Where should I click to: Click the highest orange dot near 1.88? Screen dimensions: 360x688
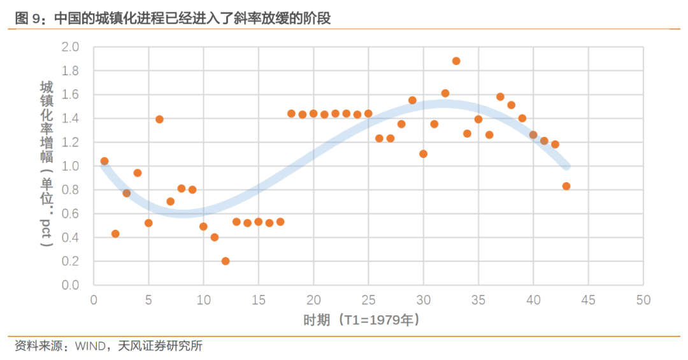(x=456, y=61)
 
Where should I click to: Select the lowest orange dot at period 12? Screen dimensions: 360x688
(x=226, y=261)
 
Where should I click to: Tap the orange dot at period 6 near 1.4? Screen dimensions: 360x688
(x=159, y=119)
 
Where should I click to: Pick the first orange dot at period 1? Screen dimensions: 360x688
(x=104, y=161)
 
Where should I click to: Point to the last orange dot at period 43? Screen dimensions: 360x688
(x=566, y=186)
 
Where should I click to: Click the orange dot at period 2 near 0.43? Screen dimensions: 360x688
(x=115, y=234)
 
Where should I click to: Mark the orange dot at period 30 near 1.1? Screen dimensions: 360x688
(x=423, y=154)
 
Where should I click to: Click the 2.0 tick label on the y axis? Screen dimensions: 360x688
(x=70, y=47)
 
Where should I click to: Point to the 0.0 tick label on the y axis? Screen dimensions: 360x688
(x=70, y=285)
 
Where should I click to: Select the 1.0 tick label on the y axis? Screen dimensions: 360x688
(x=70, y=166)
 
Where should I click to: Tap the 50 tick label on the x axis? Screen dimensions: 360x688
(x=643, y=299)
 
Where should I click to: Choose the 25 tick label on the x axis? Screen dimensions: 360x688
(x=368, y=299)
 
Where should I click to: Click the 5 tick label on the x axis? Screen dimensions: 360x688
(x=148, y=299)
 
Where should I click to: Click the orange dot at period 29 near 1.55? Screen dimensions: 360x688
(x=412, y=100)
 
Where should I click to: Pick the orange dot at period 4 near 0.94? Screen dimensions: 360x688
(x=138, y=173)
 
